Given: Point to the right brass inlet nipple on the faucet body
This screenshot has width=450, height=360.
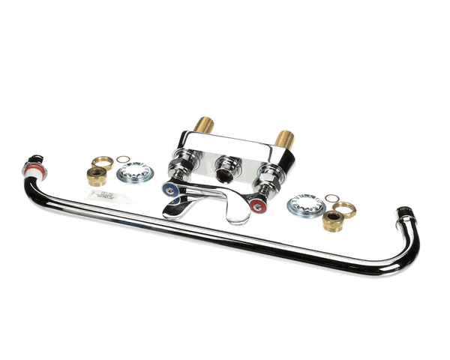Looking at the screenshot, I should [x=284, y=139].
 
